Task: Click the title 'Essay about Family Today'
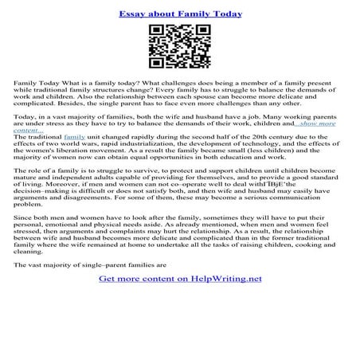point(180,14)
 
